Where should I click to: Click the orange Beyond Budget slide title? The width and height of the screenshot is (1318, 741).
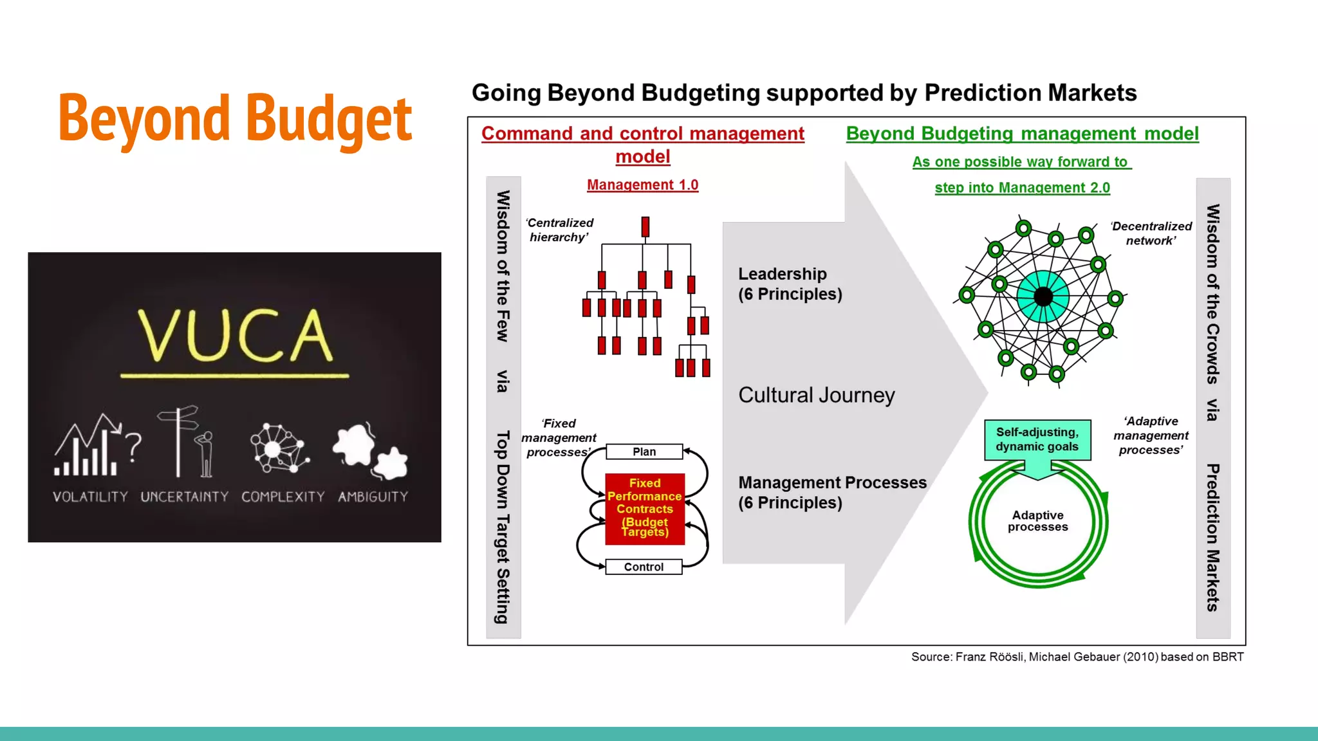click(235, 118)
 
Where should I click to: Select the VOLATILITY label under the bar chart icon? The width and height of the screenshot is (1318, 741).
click(90, 497)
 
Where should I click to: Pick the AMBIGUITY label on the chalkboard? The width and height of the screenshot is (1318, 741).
click(373, 497)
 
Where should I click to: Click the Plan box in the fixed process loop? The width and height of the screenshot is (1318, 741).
click(644, 452)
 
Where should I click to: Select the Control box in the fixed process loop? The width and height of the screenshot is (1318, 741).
click(644, 567)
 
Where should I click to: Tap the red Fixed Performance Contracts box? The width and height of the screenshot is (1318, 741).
click(645, 508)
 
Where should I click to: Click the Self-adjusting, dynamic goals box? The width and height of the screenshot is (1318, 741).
click(1037, 439)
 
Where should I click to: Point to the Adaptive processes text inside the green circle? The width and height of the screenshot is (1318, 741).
click(1037, 521)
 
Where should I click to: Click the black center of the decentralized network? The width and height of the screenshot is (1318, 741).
click(1043, 297)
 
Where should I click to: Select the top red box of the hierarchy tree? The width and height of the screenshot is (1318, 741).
click(645, 226)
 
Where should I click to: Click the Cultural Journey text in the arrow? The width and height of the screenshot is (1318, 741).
click(816, 395)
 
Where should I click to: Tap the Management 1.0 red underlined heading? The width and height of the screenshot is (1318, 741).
click(642, 185)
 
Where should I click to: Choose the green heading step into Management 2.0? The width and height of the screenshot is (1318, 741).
click(1022, 188)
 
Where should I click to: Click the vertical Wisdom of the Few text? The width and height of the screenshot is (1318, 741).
click(503, 266)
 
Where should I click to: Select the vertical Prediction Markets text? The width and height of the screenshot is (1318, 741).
click(1213, 537)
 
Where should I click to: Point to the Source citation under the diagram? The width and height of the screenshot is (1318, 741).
click(1077, 657)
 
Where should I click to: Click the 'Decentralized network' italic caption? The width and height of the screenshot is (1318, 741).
click(1151, 233)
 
